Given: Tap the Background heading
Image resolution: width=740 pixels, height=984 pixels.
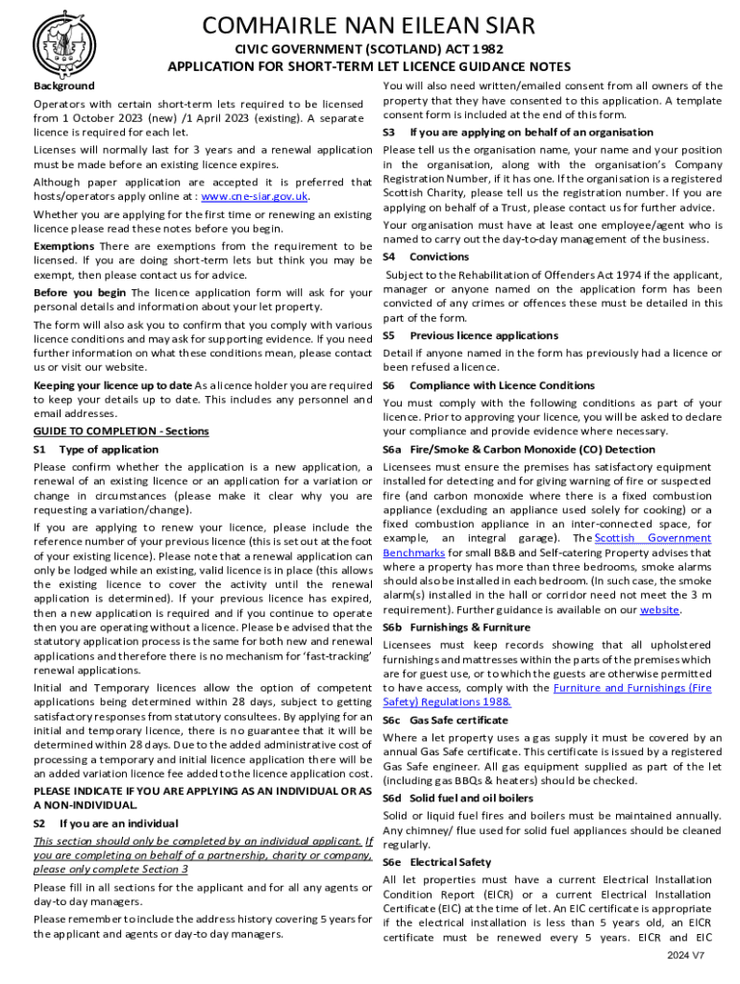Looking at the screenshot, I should coord(63,86).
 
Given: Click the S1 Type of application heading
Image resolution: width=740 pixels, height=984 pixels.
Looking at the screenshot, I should coord(96,449).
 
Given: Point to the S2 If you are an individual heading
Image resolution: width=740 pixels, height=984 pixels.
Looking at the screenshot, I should coord(106,824).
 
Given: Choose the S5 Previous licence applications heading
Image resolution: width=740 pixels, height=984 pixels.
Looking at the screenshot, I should coord(470,335).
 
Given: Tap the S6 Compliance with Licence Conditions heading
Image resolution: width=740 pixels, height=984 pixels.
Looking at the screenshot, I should coord(488,385).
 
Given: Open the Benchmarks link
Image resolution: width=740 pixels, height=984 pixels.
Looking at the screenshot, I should coord(414,553).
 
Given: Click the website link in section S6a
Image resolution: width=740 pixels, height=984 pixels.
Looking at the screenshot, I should coord(659,610).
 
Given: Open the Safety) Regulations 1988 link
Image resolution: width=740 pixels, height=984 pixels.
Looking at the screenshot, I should coord(447,701).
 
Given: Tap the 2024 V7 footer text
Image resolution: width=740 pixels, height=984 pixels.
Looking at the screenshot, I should coord(686,955).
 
